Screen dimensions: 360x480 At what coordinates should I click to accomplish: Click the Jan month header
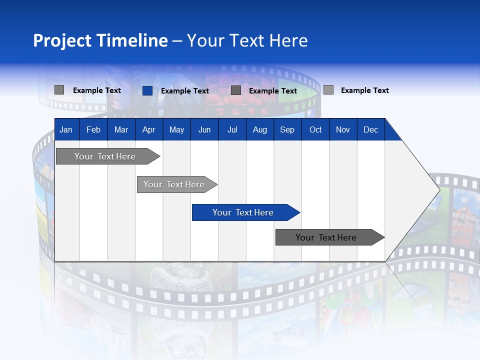click(x=66, y=129)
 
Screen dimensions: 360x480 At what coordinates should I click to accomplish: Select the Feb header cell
click(x=93, y=129)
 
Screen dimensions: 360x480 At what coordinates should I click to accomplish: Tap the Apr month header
click(x=148, y=129)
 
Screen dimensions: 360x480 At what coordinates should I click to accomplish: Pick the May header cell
click(x=176, y=129)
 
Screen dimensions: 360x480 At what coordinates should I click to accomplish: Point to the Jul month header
click(x=232, y=129)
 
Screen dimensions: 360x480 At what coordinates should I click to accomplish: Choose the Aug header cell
click(x=259, y=129)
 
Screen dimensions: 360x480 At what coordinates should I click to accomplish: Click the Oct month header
click(x=315, y=129)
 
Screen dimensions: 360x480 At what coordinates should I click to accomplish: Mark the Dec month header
click(x=370, y=129)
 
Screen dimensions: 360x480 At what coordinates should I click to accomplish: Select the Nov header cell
click(x=343, y=129)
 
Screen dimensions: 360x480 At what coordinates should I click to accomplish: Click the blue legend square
click(x=147, y=90)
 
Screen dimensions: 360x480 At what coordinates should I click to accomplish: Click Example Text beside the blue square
click(x=184, y=91)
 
